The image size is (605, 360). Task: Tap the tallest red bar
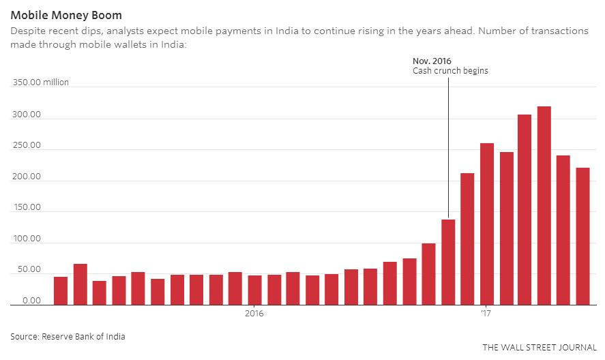click(544, 205)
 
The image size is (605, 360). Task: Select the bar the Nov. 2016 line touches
click(448, 262)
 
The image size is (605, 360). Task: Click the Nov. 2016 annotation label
click(432, 61)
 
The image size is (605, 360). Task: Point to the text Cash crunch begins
click(450, 71)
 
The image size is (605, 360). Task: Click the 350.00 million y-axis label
click(40, 82)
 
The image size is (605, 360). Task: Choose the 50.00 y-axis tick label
click(28, 271)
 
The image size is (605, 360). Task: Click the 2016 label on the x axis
click(254, 314)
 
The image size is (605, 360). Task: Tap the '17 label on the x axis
click(486, 314)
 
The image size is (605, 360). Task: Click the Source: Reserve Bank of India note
click(68, 336)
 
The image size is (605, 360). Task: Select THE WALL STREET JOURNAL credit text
click(538, 348)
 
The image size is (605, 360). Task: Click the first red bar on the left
click(61, 290)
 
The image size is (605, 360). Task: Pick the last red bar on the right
click(582, 236)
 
